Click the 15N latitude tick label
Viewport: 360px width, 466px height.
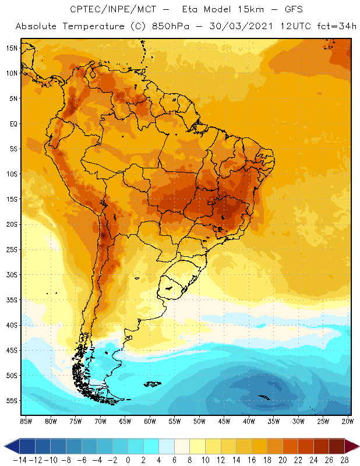[12, 48]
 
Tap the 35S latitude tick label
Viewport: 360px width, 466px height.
[12, 300]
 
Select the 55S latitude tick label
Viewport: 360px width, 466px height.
[12, 401]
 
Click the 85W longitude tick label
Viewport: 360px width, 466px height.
[26, 421]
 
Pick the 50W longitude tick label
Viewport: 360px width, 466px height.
[200, 421]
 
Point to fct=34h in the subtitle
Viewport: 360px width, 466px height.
[334, 27]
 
